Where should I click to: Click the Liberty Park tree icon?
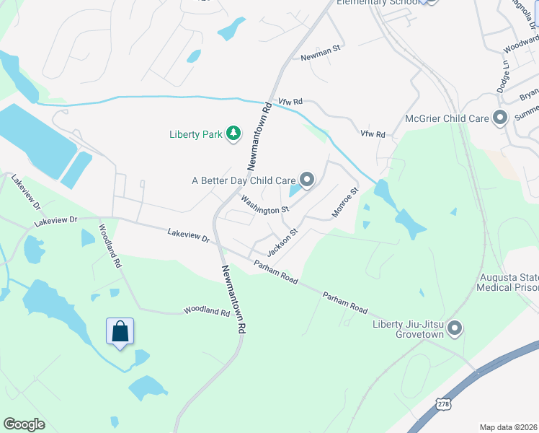pos(233,133)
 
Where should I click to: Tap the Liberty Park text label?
pos(195,134)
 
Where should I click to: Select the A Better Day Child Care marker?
pos(307,180)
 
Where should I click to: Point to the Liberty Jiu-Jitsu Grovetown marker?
pos(454,329)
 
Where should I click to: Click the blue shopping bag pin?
pos(120,332)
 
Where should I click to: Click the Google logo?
pos(24,424)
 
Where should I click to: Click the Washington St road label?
pos(264,205)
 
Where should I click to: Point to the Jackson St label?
pos(282,243)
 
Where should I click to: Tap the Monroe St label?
pos(344,203)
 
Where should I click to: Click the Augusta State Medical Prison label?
pos(507,282)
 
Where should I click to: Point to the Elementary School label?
pos(379,3)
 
